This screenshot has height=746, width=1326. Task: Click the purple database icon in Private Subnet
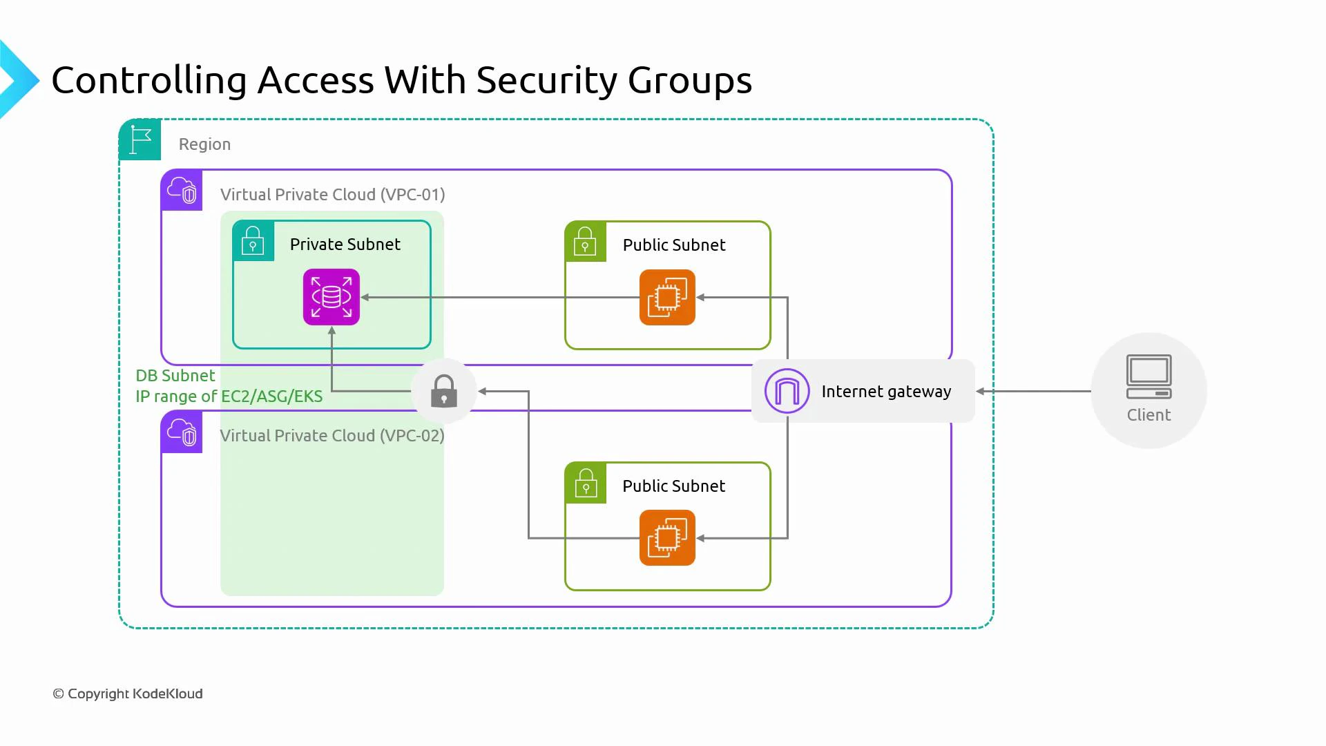tap(331, 297)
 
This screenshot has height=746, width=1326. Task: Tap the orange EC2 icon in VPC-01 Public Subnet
tap(667, 297)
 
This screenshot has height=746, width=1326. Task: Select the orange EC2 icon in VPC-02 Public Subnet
tap(667, 537)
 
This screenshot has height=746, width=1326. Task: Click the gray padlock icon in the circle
tap(443, 391)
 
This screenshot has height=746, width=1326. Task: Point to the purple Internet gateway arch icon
tap(787, 391)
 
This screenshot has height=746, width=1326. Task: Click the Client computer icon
tap(1149, 377)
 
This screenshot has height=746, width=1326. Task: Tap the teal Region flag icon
tap(140, 140)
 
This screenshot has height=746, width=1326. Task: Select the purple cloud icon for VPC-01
tap(182, 190)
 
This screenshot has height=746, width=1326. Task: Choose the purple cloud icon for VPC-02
tap(182, 432)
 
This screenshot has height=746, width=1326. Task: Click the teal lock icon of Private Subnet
tap(253, 241)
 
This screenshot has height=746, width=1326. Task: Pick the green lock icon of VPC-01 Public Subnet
tap(585, 242)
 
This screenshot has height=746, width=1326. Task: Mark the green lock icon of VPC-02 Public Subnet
tap(585, 483)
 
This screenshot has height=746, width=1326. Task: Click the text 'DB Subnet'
tap(175, 376)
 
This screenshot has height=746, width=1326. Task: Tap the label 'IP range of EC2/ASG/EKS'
tap(229, 396)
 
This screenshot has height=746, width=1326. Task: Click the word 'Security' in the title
tap(546, 80)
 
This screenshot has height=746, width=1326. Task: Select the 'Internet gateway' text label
tap(886, 392)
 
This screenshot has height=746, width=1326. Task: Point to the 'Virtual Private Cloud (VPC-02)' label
tap(332, 436)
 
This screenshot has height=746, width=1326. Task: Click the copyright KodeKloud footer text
tap(128, 694)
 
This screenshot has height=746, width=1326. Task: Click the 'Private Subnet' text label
tap(345, 245)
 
